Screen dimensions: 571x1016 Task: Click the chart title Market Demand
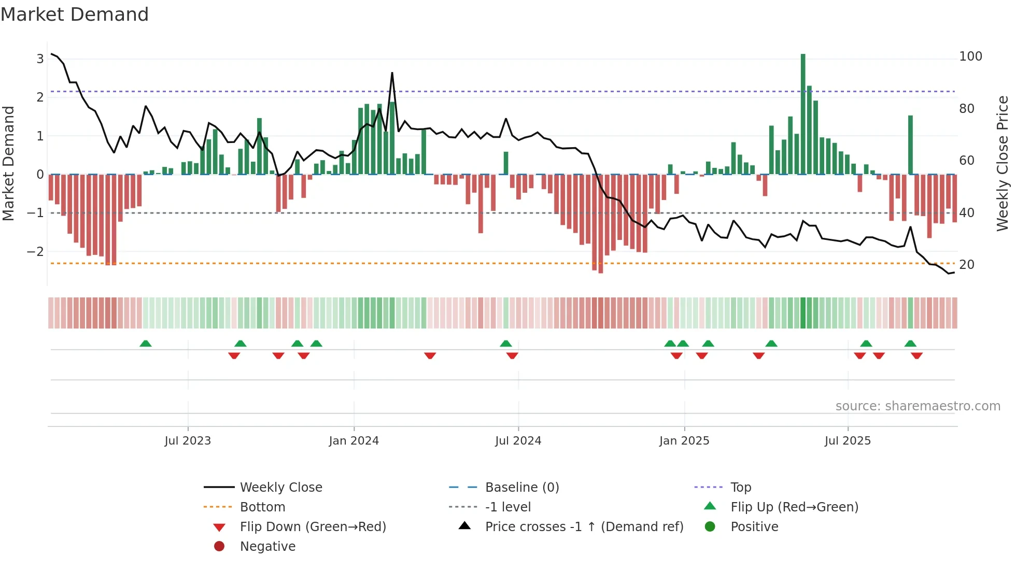pos(75,15)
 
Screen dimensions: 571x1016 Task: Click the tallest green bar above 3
pos(803,114)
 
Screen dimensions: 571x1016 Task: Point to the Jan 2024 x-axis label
pos(354,441)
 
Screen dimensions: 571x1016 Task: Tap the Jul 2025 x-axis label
pos(848,441)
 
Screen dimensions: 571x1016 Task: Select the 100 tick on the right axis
pos(970,56)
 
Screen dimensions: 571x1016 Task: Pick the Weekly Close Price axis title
pos(1003,163)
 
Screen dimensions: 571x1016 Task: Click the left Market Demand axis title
pos(8,163)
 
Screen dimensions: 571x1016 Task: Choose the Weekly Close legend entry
pos(280,488)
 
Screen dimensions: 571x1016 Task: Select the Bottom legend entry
pos(262,507)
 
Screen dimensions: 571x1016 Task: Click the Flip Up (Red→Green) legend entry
pos(794,507)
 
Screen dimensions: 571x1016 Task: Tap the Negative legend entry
pos(267,547)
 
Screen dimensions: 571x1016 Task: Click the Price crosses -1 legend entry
pos(584,527)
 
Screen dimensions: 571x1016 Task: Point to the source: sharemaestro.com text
pos(918,406)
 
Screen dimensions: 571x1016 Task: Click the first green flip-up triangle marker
pos(146,344)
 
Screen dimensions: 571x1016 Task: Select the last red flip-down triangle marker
pos(916,355)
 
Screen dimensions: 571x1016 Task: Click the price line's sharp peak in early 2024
pos(392,73)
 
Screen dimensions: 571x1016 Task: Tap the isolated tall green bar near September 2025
pos(910,145)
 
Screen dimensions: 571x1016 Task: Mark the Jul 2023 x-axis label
pos(188,441)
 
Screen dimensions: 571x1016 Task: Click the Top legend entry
pos(741,488)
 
